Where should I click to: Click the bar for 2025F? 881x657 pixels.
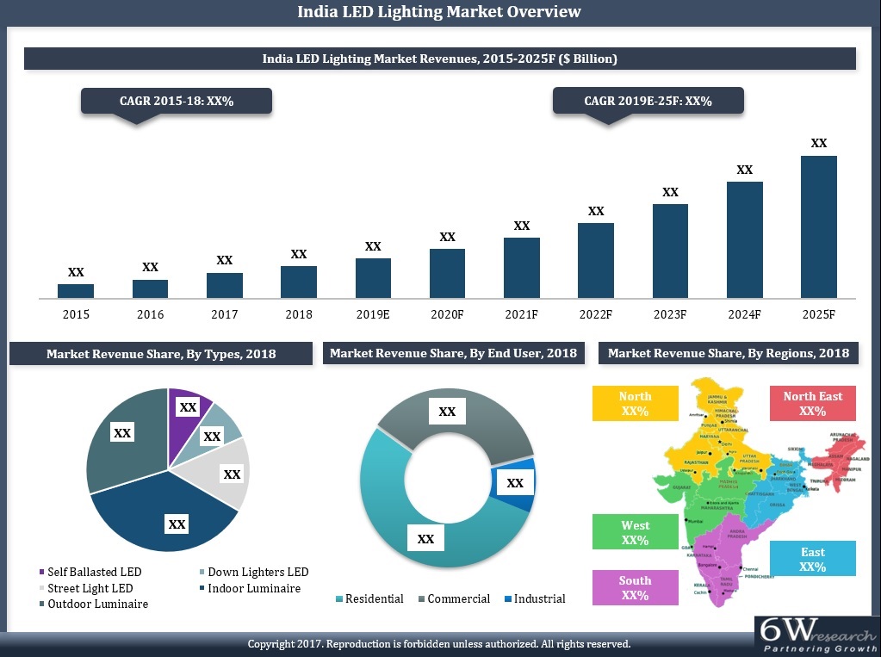click(818, 226)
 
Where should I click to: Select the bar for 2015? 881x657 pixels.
click(76, 291)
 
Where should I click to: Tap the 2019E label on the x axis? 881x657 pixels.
click(373, 315)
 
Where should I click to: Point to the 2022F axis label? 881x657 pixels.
click(595, 315)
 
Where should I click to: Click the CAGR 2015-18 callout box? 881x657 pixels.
click(177, 102)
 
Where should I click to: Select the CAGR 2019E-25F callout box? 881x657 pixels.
click(648, 102)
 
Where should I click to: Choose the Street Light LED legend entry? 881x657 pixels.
click(90, 588)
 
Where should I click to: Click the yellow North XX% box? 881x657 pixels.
click(635, 403)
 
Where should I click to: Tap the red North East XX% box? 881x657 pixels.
click(812, 403)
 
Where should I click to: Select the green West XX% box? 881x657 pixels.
click(635, 532)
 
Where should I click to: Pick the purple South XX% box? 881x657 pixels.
click(635, 587)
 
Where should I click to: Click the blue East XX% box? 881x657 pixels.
click(812, 559)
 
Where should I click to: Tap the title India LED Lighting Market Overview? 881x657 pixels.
click(439, 12)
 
